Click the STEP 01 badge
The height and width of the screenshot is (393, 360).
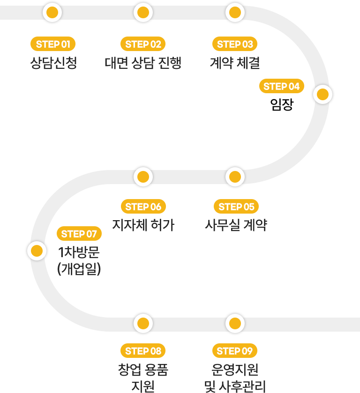[x=53, y=44]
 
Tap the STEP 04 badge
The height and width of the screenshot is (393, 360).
[x=281, y=86]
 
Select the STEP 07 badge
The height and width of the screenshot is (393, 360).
[x=79, y=234]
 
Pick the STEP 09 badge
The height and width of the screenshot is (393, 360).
[x=235, y=351]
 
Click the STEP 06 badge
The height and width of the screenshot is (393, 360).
[x=143, y=207]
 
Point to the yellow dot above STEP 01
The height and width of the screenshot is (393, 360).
[x=52, y=12]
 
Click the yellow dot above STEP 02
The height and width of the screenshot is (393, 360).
[x=143, y=12]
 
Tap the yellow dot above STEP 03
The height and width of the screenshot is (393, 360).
[x=235, y=12]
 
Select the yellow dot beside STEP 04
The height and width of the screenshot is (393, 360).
[x=322, y=95]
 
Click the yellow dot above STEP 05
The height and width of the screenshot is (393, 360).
[x=235, y=177]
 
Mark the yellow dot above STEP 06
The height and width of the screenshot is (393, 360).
[x=143, y=177]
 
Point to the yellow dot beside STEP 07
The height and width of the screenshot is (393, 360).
[x=37, y=251]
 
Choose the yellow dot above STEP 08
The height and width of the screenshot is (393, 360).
[x=143, y=323]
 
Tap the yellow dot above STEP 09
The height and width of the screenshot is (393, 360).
[x=235, y=323]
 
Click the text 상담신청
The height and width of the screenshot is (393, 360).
[x=53, y=63]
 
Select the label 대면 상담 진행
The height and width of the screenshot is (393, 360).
[x=143, y=63]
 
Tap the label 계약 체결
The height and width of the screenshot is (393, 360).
[x=235, y=63]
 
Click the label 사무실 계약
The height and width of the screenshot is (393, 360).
[x=236, y=225]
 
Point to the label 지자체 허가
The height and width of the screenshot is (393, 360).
[x=143, y=225]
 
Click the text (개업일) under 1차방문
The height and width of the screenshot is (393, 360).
[x=79, y=270]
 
